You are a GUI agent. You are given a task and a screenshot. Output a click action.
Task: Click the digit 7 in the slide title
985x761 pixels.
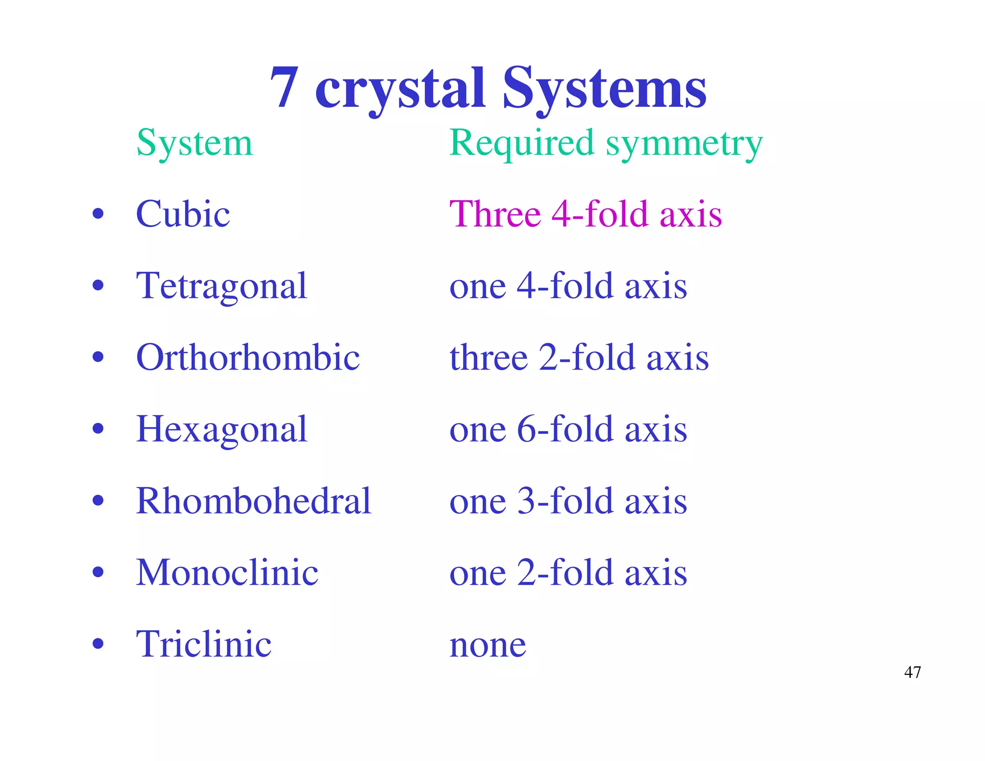pyautogui.click(x=285, y=88)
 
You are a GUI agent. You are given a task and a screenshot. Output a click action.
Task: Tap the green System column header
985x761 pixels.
pyautogui.click(x=194, y=143)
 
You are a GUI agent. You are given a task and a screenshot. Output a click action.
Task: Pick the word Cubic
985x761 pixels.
pyautogui.click(x=183, y=214)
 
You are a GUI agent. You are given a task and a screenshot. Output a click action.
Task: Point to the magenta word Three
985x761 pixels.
pyautogui.click(x=495, y=214)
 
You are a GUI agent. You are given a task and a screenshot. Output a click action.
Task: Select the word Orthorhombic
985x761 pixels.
pyautogui.click(x=248, y=357)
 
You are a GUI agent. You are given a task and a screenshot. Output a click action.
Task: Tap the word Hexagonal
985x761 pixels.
pyautogui.click(x=221, y=430)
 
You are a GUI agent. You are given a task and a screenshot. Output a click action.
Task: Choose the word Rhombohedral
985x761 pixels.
pyautogui.click(x=253, y=501)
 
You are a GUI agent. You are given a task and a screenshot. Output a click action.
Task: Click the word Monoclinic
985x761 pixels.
pyautogui.click(x=227, y=572)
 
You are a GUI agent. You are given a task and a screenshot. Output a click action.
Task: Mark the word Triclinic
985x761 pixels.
pyautogui.click(x=203, y=644)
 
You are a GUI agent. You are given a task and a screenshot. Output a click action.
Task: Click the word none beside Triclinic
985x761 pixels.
pyautogui.click(x=488, y=646)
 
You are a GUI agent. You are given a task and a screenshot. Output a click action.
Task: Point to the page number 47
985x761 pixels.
pyautogui.click(x=912, y=672)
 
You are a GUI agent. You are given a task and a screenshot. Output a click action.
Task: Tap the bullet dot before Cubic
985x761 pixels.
pyautogui.click(x=98, y=214)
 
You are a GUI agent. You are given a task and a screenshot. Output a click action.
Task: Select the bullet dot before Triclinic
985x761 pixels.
pyautogui.click(x=98, y=644)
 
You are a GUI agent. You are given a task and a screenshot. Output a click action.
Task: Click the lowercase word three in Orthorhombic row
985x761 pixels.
pyautogui.click(x=489, y=358)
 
